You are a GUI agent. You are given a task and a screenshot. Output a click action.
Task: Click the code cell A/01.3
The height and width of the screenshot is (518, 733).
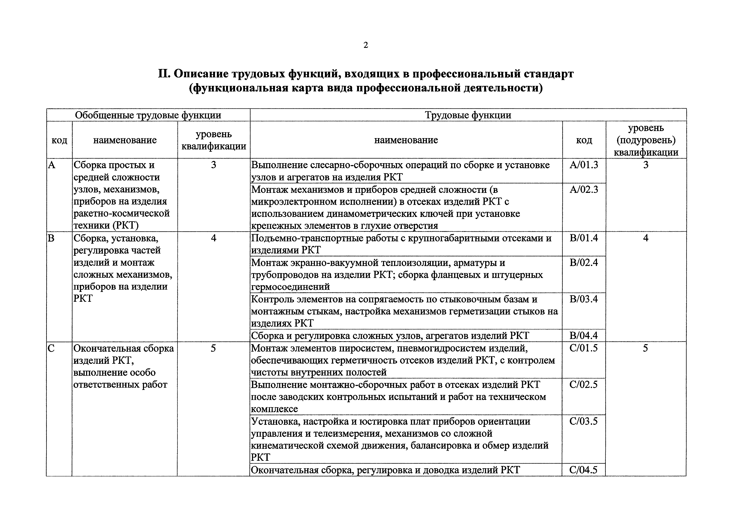tap(584, 165)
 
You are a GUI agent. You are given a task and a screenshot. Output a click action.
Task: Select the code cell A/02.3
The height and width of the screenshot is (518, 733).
tap(584, 190)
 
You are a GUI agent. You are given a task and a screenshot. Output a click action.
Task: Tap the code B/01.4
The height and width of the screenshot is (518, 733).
tap(584, 238)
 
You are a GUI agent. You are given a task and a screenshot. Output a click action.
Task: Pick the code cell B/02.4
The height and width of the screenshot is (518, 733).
tap(584, 263)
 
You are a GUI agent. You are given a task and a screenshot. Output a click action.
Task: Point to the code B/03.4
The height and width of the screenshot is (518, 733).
tap(584, 299)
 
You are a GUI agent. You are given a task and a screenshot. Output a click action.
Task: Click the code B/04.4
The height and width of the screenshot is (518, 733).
tap(584, 335)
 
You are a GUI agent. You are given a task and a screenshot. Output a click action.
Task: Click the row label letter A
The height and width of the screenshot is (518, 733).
tap(52, 165)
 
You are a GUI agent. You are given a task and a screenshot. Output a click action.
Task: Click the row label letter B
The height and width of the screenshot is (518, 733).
tap(51, 238)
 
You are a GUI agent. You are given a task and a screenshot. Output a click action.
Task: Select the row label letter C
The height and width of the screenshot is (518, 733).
tap(51, 348)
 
